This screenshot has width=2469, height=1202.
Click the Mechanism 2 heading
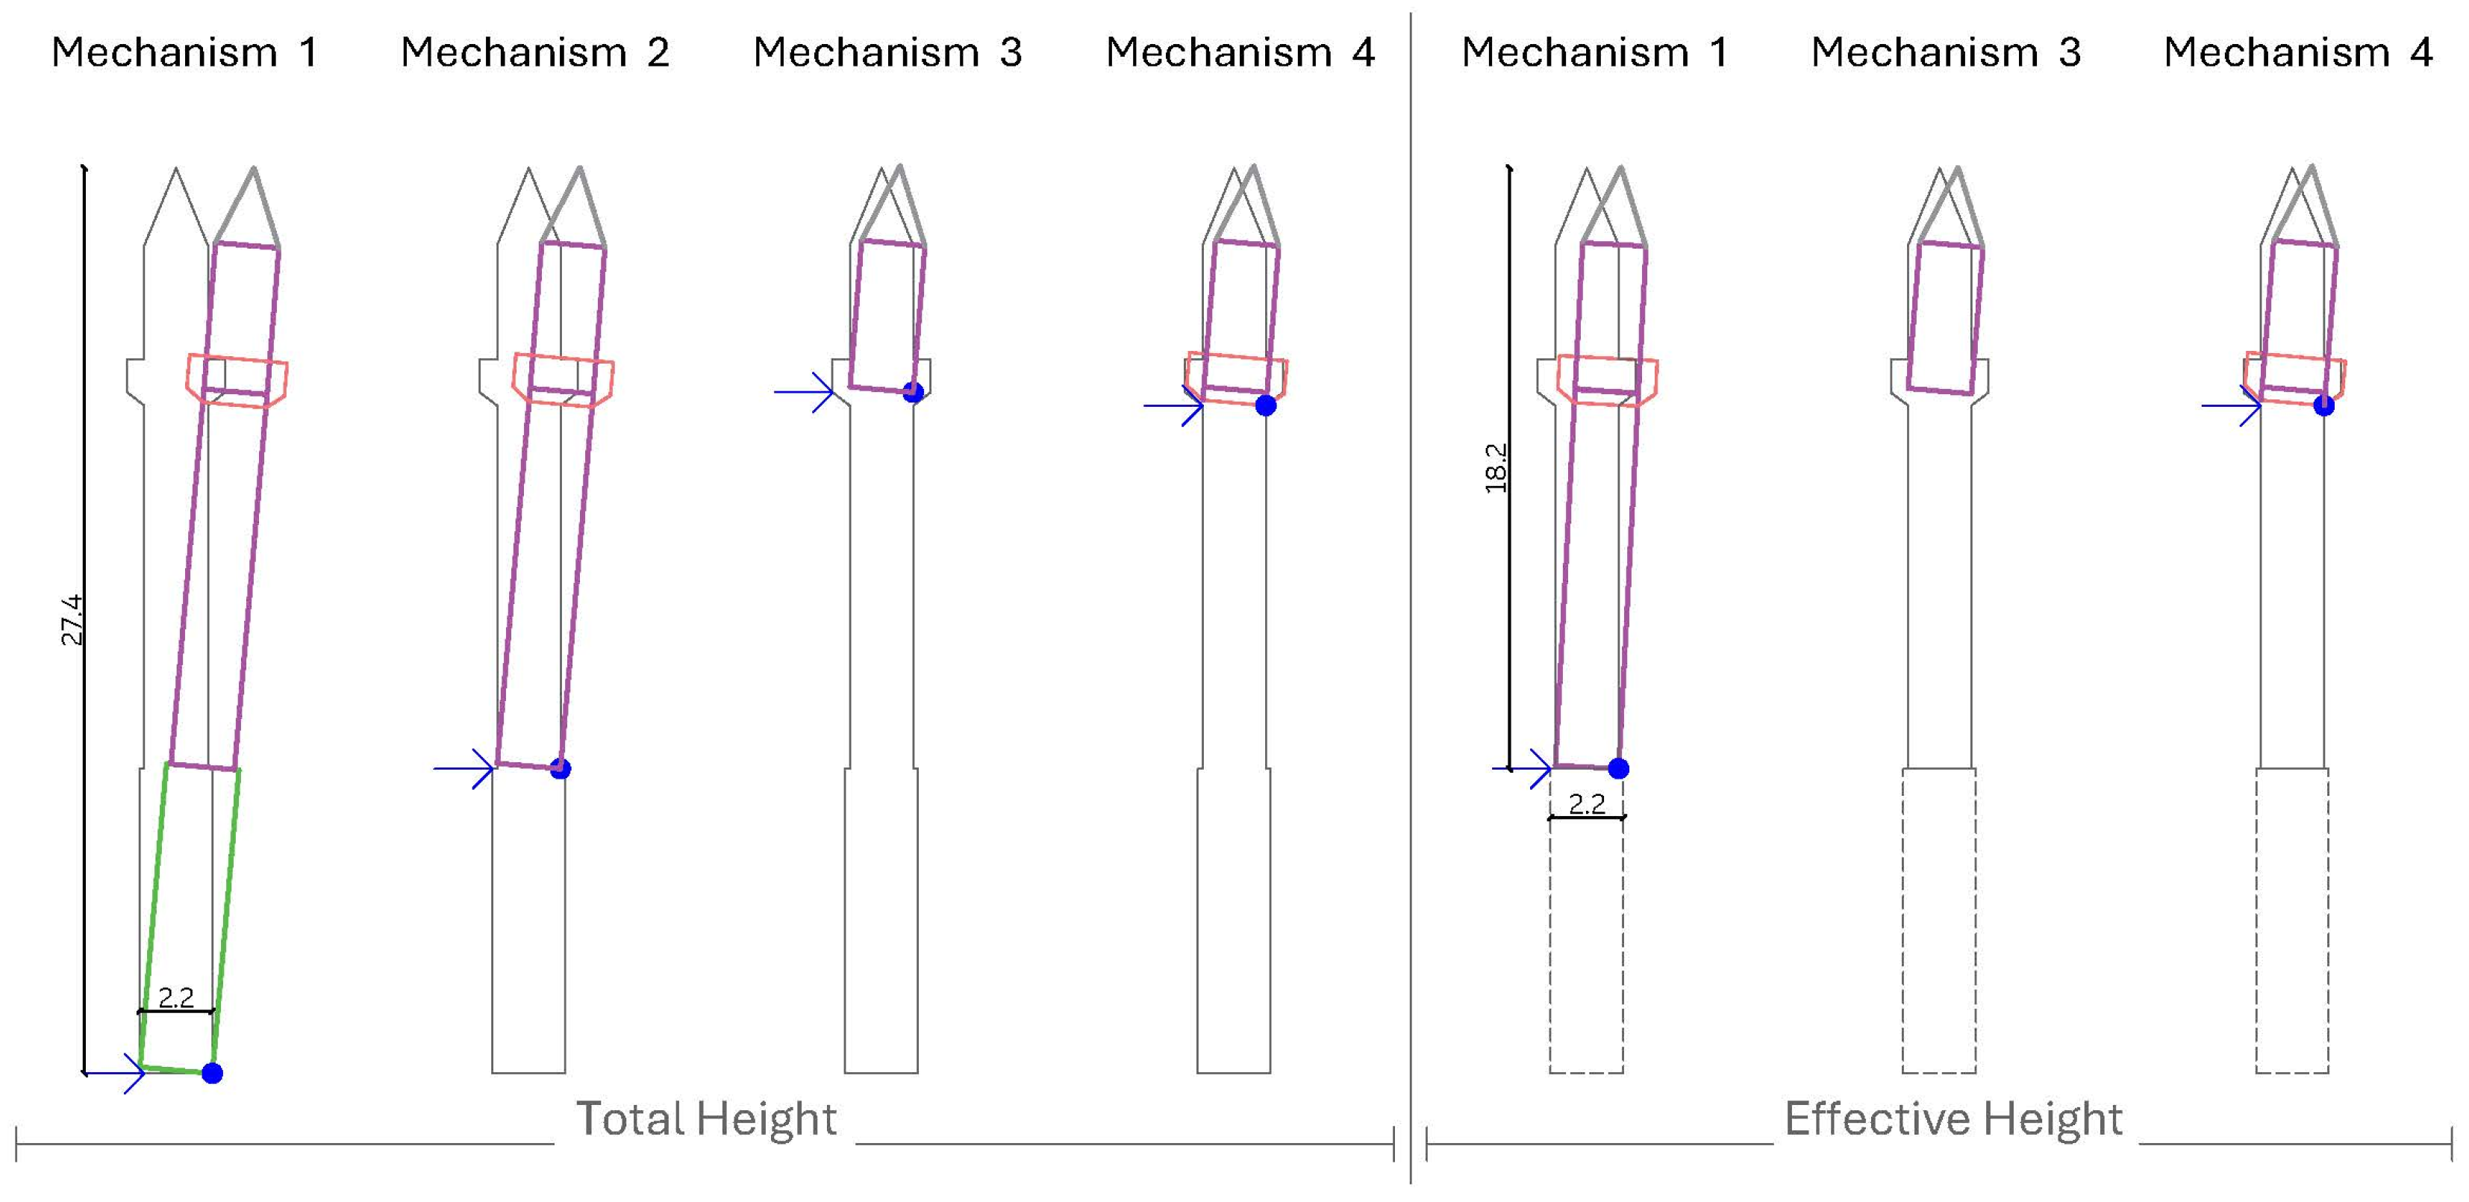535,53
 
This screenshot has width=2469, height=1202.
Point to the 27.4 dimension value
72,620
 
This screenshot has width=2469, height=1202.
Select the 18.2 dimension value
1496,469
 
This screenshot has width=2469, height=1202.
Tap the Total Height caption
706,1118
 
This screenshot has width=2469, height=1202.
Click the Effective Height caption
1954,1118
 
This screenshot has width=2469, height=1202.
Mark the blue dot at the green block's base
213,1073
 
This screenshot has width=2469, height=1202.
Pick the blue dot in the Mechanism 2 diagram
561,769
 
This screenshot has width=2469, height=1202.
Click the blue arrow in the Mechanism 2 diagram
464,767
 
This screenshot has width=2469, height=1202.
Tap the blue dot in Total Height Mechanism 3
914,392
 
